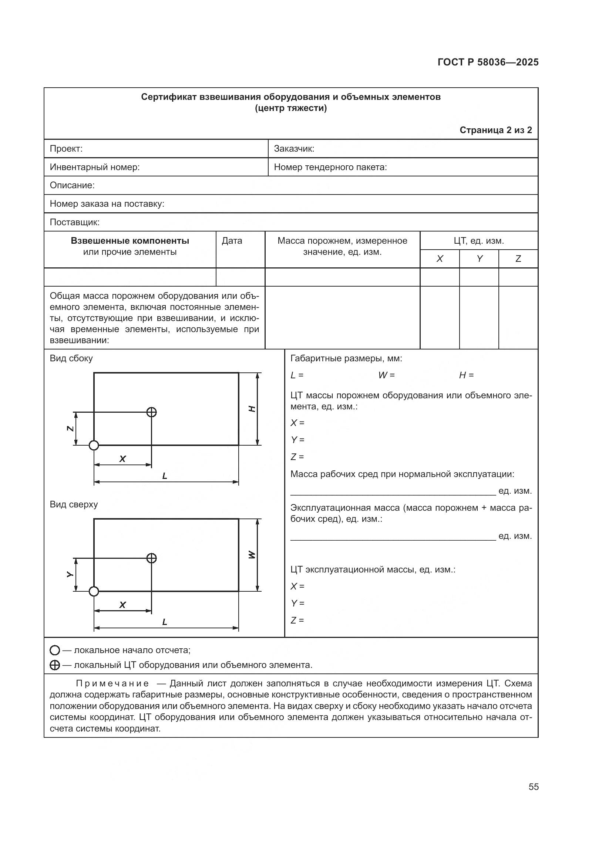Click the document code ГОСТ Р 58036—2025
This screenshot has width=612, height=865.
pyautogui.click(x=488, y=62)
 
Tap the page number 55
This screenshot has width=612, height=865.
pyautogui.click(x=533, y=787)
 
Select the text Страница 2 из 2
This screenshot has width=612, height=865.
pyautogui.click(x=495, y=130)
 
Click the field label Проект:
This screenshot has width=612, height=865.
pyautogui.click(x=66, y=149)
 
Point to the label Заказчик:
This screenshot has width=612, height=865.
pyautogui.click(x=294, y=149)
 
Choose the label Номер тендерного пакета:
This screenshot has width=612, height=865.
pyautogui.click(x=330, y=167)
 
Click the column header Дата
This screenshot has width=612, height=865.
pyautogui.click(x=232, y=241)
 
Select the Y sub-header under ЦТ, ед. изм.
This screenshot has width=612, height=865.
pyautogui.click(x=479, y=259)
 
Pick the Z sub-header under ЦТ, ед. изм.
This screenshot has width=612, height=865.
pyautogui.click(x=518, y=259)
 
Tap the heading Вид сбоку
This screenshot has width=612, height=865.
pyautogui.click(x=71, y=358)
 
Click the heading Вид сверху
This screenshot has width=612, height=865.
pyautogui.click(x=74, y=504)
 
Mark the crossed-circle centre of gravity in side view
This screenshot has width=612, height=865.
pyautogui.click(x=151, y=412)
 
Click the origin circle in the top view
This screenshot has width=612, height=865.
pyautogui.click(x=94, y=591)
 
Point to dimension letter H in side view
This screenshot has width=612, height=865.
pyautogui.click(x=252, y=409)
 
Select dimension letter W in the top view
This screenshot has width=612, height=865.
pyautogui.click(x=252, y=555)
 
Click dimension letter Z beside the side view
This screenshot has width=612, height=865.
pyautogui.click(x=70, y=429)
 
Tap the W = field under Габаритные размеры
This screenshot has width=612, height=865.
pyautogui.click(x=386, y=375)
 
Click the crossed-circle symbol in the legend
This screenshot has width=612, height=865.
pyautogui.click(x=55, y=665)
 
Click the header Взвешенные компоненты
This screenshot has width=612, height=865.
pyautogui.click(x=130, y=241)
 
